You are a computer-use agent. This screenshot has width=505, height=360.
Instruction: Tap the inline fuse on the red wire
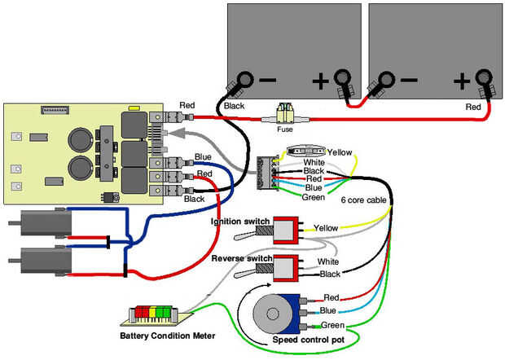coord(286,117)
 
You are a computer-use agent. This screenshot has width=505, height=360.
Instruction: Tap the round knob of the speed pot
coord(270,313)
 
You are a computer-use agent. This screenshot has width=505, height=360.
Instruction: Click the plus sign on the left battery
coord(320,81)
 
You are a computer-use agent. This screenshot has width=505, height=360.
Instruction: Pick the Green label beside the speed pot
coord(334,325)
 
